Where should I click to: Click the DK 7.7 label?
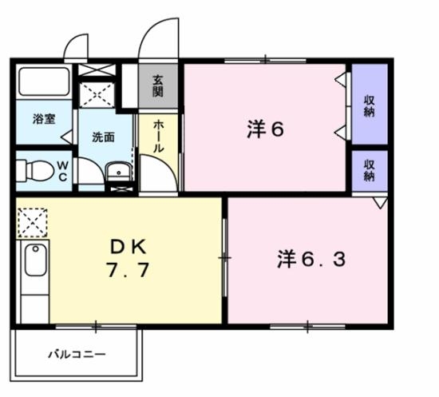coord(126,258)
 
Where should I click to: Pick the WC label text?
coord(61,171)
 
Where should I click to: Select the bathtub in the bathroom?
coord(43,82)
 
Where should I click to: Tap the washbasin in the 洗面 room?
coord(117,170)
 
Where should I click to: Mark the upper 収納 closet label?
coord(370,106)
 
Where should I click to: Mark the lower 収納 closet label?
coord(370,170)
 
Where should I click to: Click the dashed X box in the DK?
coord(33,221)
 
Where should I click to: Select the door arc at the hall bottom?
coord(155,171)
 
